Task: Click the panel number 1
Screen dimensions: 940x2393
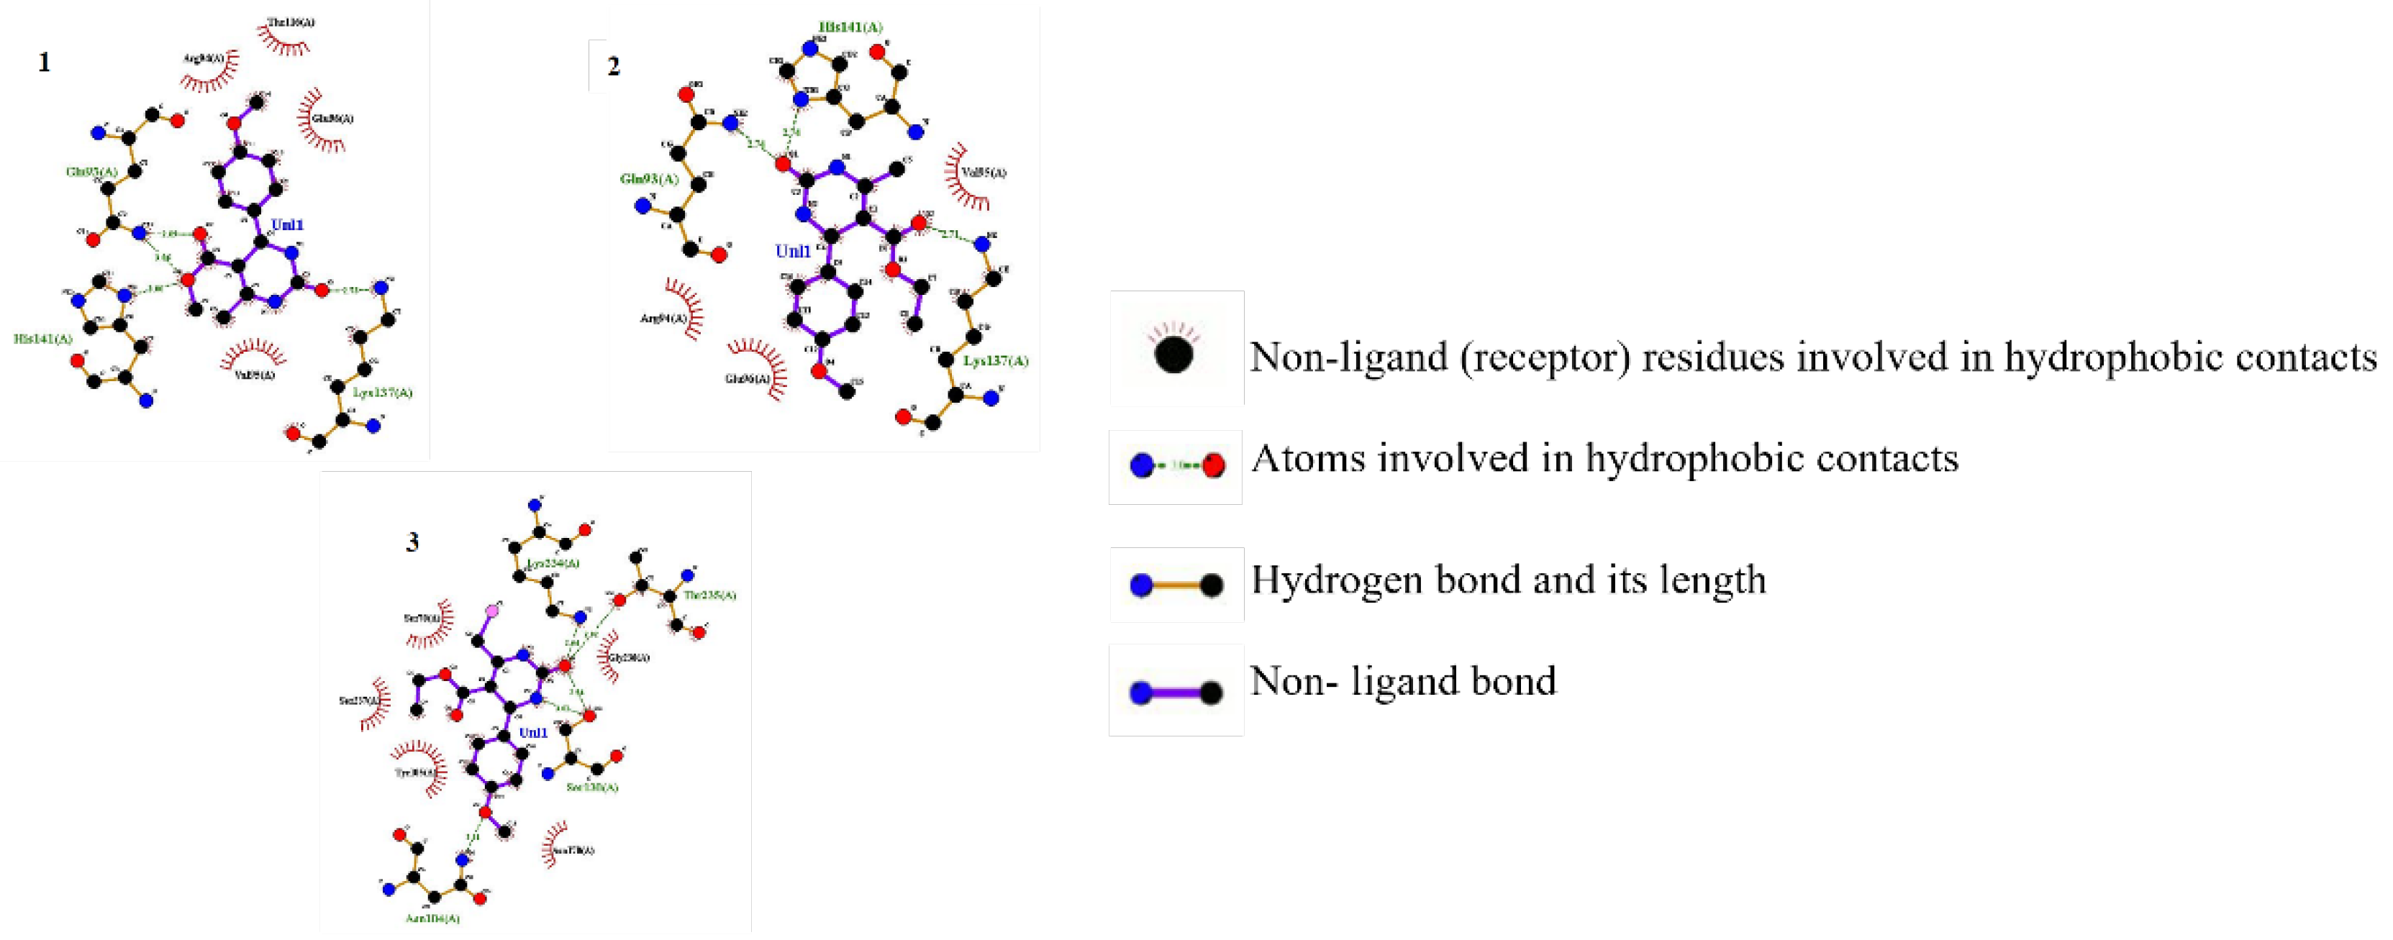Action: pos(44,63)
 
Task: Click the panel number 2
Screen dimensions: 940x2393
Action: pos(613,67)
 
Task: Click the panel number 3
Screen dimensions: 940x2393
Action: pos(412,542)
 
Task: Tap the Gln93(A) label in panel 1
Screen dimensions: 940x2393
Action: pos(92,172)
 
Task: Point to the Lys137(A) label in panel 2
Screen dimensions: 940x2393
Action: pos(996,361)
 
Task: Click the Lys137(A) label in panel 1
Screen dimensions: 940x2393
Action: pos(382,393)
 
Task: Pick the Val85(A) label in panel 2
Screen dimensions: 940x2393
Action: pos(984,173)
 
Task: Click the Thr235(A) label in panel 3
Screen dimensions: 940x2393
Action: pos(709,596)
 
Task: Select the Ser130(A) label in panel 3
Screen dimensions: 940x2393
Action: pos(591,788)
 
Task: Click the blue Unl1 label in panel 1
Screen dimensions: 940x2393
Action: pos(287,226)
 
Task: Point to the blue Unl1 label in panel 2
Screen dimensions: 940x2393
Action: pos(792,252)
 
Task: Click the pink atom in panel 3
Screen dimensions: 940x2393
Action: pos(492,611)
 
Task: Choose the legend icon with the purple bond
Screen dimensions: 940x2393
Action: pos(1176,692)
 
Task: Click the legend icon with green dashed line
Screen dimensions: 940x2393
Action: pos(1176,466)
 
